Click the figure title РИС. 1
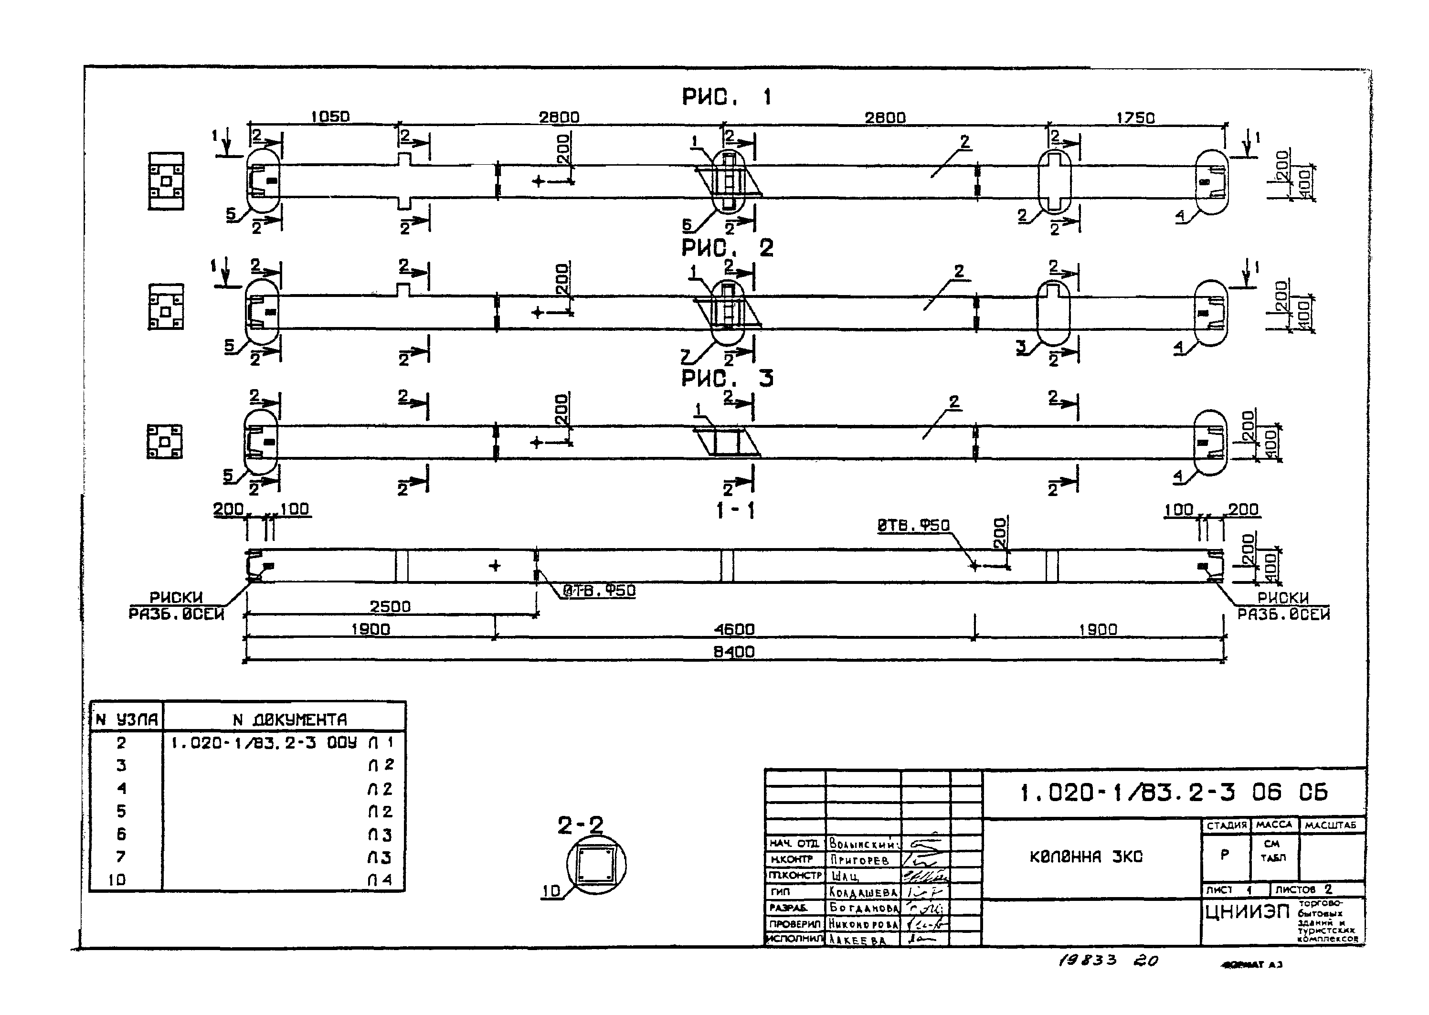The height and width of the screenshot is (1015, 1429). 726,97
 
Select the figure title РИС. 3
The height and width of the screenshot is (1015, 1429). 726,379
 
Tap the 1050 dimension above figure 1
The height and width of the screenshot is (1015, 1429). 330,117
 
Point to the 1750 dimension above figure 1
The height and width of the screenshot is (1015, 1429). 1135,117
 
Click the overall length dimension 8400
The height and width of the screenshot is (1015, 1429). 734,652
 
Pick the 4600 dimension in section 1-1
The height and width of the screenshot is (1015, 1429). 734,629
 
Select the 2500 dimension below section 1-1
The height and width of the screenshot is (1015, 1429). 390,606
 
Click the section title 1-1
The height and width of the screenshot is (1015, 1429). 735,511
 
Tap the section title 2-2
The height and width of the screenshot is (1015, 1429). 580,826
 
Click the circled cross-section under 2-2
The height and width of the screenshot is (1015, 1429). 596,865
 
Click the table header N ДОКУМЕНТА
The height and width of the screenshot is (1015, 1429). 289,720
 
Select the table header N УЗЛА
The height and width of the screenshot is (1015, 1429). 126,720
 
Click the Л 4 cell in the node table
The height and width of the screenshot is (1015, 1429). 380,879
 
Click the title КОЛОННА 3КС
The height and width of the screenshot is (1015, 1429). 1086,857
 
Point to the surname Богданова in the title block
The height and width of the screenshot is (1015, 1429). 863,907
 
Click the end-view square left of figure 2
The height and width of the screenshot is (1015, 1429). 166,307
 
